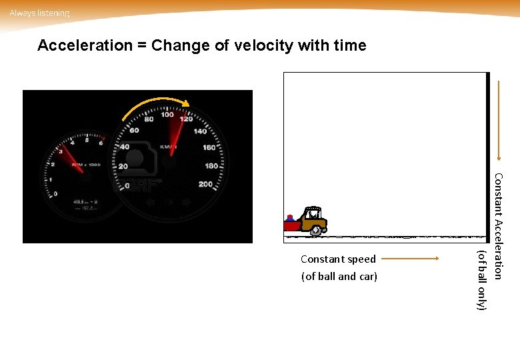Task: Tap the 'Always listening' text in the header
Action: pos(39,13)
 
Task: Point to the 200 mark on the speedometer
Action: pos(205,184)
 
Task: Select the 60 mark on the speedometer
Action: pos(133,130)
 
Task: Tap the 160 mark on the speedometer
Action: pos(209,147)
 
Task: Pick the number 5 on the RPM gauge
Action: pos(87,140)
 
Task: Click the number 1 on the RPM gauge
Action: pos(50,179)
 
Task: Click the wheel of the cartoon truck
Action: pos(314,231)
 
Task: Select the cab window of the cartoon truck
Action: pos(311,215)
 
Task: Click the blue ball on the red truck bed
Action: pos(289,218)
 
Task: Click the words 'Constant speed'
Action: pos(338,259)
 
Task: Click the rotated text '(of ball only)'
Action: pos(482,279)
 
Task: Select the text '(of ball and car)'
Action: pos(339,276)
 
